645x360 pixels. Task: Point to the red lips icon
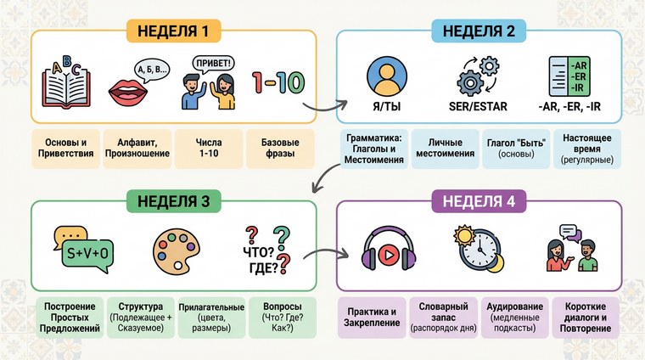point(128,91)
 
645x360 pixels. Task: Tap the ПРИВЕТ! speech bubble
point(213,63)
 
